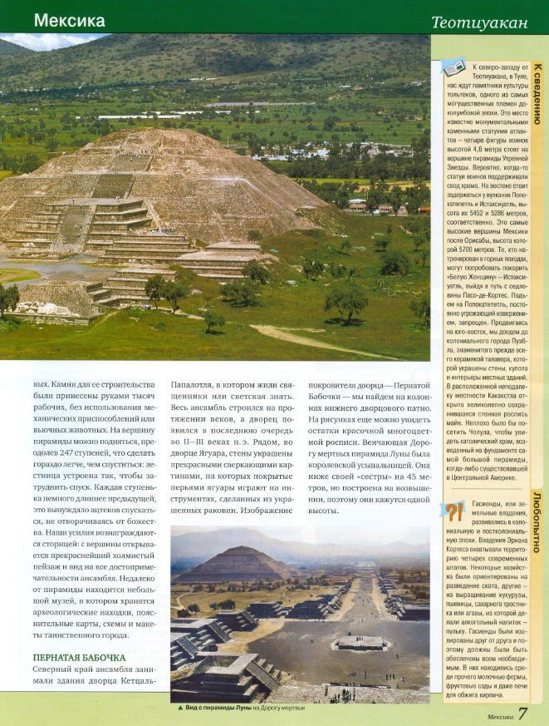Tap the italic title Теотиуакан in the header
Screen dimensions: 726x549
[481, 22]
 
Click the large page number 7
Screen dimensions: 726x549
[523, 714]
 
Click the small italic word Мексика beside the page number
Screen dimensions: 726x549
[499, 716]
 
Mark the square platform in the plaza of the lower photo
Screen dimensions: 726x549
[361, 641]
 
